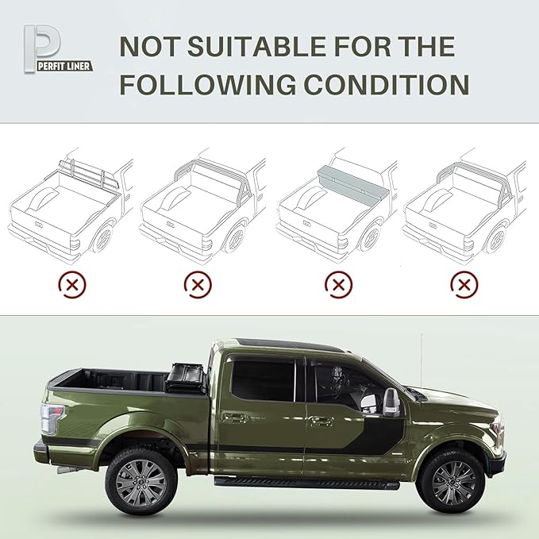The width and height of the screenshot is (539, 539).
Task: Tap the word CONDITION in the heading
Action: tap(377, 84)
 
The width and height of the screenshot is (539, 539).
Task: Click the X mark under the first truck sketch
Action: tap(73, 283)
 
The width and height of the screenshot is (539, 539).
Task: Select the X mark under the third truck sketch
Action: tap(339, 283)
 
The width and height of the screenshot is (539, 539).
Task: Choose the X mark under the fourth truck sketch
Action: tap(464, 283)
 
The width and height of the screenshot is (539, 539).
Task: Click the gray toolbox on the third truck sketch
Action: tap(353, 184)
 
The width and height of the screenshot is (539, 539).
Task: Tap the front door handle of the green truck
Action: tap(321, 421)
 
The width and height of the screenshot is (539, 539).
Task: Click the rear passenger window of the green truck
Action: tap(262, 379)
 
